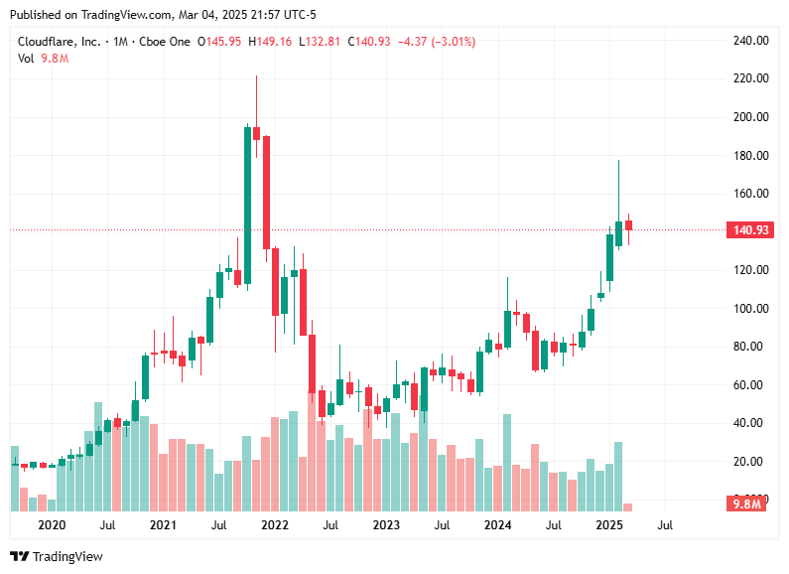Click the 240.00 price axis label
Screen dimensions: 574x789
[750, 41]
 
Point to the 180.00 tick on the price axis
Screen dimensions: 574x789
[750, 156]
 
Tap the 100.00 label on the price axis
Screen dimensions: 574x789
[750, 309]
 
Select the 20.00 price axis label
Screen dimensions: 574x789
[750, 462]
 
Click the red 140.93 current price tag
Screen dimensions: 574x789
[750, 230]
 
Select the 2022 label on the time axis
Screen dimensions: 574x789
[275, 524]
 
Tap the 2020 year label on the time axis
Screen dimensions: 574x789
[51, 524]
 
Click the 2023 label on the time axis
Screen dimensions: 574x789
[386, 524]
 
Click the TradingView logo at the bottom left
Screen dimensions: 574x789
[57, 556]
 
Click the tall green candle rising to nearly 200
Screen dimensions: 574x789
[247, 205]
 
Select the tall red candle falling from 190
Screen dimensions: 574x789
[266, 192]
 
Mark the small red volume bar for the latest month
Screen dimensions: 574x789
[627, 506]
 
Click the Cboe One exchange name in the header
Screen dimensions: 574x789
[165, 42]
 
